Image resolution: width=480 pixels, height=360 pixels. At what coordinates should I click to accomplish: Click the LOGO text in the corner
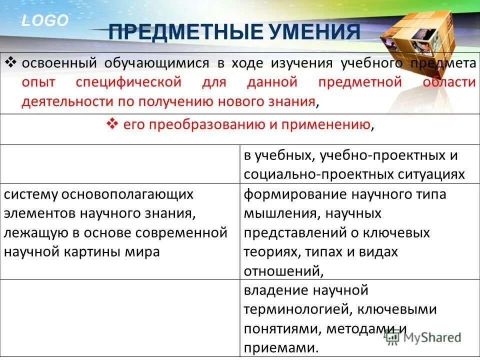(x=44, y=20)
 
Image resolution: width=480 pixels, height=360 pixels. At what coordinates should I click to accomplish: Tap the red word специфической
(x=128, y=82)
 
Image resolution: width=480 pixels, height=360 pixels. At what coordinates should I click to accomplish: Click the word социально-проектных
(x=310, y=174)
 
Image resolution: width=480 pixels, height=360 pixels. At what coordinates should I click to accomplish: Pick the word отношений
(x=281, y=271)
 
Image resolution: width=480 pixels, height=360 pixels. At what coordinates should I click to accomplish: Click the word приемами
(x=280, y=347)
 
